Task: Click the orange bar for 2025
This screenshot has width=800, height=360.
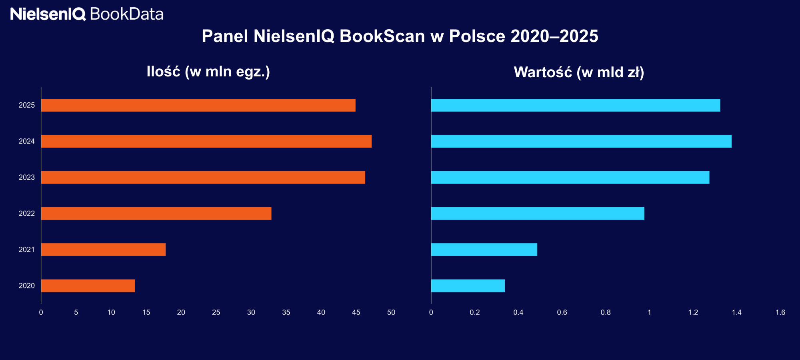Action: pyautogui.click(x=198, y=105)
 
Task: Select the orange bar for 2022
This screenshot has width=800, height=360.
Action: pyautogui.click(x=156, y=214)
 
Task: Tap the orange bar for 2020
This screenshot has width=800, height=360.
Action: pyautogui.click(x=88, y=286)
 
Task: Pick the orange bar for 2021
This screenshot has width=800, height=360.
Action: pyautogui.click(x=103, y=250)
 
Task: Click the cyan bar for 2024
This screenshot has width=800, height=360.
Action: pyautogui.click(x=581, y=141)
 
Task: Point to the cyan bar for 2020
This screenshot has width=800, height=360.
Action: pyautogui.click(x=468, y=286)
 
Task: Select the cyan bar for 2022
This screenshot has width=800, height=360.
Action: pyautogui.click(x=538, y=214)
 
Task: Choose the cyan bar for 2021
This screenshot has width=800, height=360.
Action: pyautogui.click(x=484, y=250)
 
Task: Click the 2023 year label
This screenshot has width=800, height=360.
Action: pyautogui.click(x=27, y=178)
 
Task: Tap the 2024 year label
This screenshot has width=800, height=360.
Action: pyautogui.click(x=27, y=141)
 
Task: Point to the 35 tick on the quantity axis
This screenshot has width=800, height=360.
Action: pyautogui.click(x=286, y=312)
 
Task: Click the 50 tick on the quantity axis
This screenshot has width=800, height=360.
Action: pyautogui.click(x=391, y=312)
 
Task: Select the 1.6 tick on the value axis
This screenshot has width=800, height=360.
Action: pyautogui.click(x=780, y=312)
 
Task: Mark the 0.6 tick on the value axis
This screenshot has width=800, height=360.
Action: pyautogui.click(x=562, y=312)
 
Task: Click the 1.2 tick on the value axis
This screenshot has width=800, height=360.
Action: pyautogui.click(x=693, y=312)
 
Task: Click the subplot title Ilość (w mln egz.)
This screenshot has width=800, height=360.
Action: pyautogui.click(x=208, y=72)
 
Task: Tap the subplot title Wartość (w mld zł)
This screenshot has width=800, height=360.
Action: pyautogui.click(x=579, y=72)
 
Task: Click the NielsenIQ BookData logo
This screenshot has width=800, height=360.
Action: pyautogui.click(x=87, y=14)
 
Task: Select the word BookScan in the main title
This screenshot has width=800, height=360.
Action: pyautogui.click(x=382, y=36)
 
